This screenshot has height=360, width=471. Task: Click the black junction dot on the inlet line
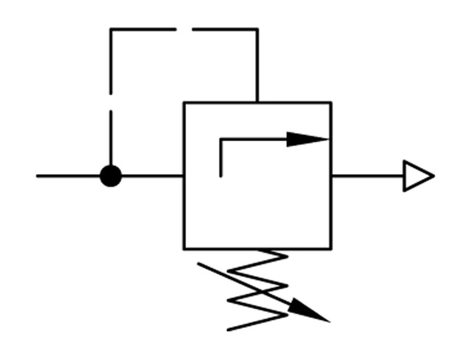(x=111, y=176)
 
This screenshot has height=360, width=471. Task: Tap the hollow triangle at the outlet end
(x=417, y=176)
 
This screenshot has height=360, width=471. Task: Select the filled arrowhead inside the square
(x=306, y=139)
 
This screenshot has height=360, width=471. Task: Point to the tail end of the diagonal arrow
(x=198, y=263)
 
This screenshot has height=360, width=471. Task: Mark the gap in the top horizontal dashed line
(x=184, y=29)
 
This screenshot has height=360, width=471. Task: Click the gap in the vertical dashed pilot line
(x=111, y=103)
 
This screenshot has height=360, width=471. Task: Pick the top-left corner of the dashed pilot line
(x=111, y=29)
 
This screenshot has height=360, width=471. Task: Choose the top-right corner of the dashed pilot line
(x=257, y=29)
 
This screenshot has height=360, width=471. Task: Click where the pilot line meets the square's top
(x=257, y=102)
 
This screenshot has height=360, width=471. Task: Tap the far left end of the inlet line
(x=38, y=176)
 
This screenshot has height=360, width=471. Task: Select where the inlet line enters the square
(x=184, y=176)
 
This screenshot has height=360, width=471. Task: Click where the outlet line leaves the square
(x=331, y=176)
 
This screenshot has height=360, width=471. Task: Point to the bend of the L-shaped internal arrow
(x=221, y=139)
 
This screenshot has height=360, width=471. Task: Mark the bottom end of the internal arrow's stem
(x=221, y=176)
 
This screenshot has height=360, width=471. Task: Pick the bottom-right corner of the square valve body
(x=331, y=248)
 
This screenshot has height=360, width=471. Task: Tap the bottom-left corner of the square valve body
(x=184, y=248)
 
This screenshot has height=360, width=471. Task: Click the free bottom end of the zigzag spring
(x=228, y=330)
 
